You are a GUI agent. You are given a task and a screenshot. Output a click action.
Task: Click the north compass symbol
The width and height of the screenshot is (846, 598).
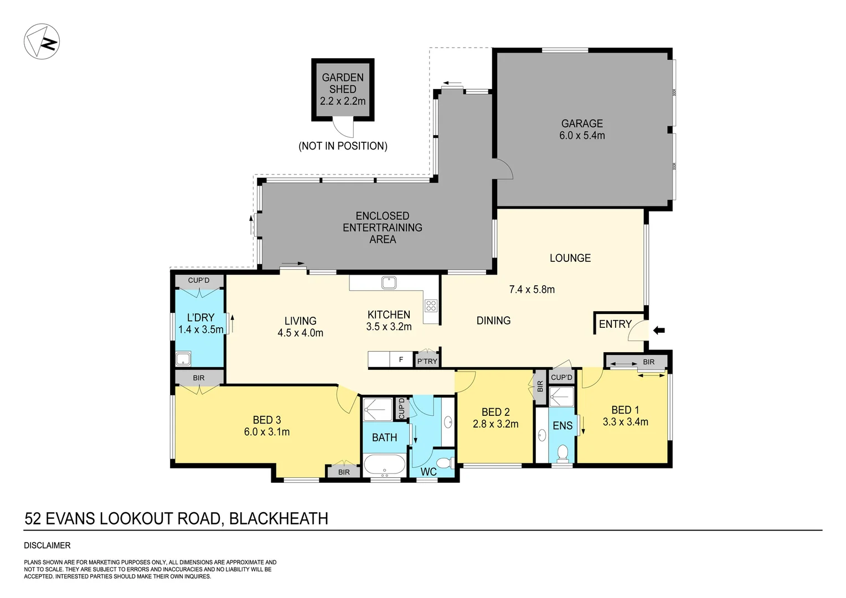[42, 42]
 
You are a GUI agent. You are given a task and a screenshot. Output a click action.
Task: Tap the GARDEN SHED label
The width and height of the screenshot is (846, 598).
[343, 84]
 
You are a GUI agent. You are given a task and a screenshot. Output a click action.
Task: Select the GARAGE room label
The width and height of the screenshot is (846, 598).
[581, 123]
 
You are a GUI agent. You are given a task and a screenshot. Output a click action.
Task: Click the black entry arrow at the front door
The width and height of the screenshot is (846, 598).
[658, 331]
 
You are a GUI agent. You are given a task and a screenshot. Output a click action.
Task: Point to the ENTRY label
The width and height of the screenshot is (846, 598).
[615, 324]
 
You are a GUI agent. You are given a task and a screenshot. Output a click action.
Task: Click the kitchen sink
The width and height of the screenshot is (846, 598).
[389, 282]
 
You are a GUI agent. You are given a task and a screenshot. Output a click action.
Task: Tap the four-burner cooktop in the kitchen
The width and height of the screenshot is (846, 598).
[430, 306]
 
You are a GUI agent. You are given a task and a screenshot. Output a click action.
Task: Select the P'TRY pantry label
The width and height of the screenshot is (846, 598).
[427, 361]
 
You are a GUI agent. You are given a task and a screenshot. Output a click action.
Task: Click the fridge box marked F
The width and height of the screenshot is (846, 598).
[401, 359]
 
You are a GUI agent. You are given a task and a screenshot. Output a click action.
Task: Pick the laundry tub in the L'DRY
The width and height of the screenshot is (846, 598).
[183, 359]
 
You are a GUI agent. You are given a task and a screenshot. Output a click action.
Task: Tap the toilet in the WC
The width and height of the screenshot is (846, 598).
[444, 462]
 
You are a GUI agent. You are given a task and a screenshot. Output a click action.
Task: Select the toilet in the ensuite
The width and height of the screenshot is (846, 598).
[563, 452]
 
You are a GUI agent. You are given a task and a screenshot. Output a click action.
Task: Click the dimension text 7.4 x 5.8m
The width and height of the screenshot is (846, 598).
[532, 289]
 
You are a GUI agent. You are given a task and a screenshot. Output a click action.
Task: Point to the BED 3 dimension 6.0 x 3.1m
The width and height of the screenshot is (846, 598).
[267, 432]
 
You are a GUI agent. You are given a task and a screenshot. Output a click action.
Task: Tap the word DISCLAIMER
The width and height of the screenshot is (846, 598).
[47, 545]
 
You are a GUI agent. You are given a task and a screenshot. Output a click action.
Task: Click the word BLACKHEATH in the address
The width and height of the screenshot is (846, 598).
[278, 519]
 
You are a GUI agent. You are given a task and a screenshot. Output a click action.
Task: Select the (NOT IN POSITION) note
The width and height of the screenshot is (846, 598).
[343, 146]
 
